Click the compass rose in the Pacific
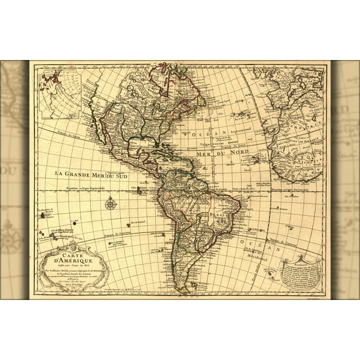tap(111, 202)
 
